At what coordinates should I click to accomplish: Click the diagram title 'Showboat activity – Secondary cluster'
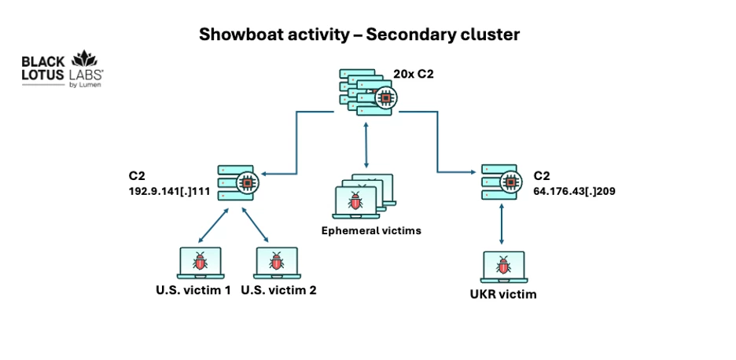point(359,35)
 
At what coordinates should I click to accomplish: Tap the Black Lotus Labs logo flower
point(83,58)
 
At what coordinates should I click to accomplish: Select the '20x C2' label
point(411,74)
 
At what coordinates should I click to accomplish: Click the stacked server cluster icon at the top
point(368,92)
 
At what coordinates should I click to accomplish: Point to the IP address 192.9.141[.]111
point(169,191)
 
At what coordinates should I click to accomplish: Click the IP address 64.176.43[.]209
point(574,191)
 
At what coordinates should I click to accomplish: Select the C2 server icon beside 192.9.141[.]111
point(238,182)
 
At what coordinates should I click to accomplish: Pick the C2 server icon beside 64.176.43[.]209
point(502,182)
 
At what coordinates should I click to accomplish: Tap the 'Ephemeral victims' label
point(371,230)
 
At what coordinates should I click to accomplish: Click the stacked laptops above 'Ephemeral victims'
point(363,197)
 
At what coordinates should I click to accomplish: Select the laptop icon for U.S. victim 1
point(201,263)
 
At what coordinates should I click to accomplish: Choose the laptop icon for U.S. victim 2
point(277,263)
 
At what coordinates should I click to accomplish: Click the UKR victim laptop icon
point(504,267)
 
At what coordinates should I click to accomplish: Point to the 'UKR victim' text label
point(502,295)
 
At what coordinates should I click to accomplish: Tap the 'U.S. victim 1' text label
point(193,290)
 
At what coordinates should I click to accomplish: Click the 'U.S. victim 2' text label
point(279,290)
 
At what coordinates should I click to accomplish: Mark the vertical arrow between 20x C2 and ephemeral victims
point(366,145)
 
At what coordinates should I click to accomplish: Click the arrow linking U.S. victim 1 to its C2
point(213,226)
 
